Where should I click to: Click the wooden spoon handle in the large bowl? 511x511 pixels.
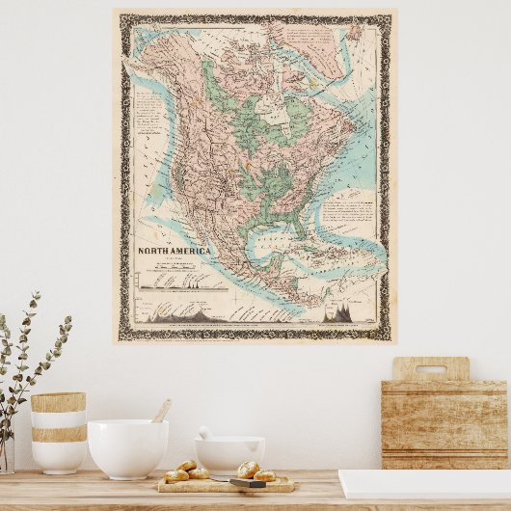[161, 411]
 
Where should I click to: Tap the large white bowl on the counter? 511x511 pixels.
[127, 448]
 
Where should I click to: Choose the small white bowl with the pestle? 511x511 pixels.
[229, 453]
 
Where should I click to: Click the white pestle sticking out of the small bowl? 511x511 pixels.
[205, 434]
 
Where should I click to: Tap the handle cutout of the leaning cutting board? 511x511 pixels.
[430, 369]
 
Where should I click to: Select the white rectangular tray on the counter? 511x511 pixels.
[424, 484]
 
